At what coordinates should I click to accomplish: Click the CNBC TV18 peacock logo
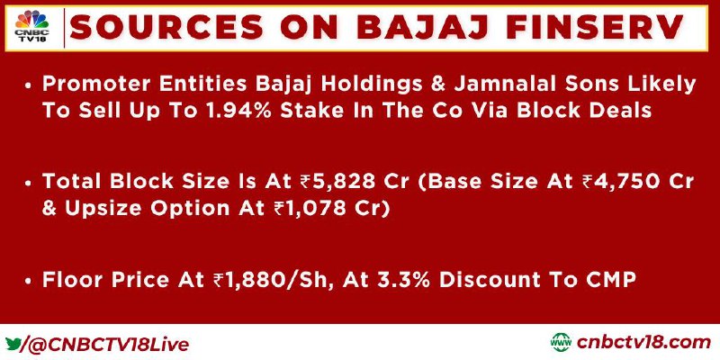click(31, 27)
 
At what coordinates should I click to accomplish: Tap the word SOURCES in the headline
click(166, 27)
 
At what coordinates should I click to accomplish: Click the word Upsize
click(96, 210)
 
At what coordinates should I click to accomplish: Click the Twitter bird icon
click(13, 343)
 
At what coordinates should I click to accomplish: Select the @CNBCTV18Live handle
click(109, 345)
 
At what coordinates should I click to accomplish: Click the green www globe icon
click(561, 343)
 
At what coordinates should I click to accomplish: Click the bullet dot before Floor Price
click(29, 282)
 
